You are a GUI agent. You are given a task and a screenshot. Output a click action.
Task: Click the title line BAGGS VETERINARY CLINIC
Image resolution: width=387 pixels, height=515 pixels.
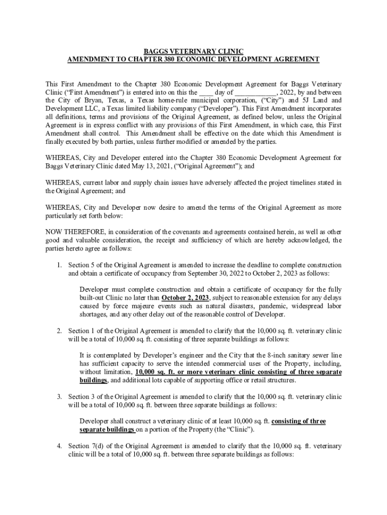[x=193, y=51]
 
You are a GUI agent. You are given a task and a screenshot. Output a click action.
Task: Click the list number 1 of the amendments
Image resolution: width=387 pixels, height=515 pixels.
[x=59, y=265]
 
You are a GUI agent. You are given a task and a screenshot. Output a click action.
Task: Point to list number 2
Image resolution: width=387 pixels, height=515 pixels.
[x=59, y=331]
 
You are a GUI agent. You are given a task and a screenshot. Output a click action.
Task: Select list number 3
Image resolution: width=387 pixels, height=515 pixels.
[x=59, y=397]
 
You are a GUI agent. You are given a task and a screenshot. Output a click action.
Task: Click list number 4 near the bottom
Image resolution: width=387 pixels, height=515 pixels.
[x=59, y=446]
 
